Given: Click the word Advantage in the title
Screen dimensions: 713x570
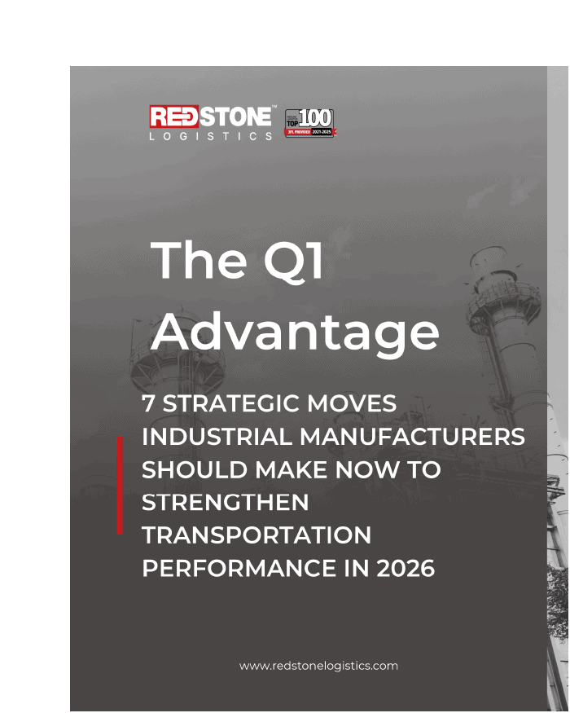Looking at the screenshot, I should [x=295, y=332].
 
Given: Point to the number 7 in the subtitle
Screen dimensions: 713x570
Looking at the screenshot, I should [x=148, y=403].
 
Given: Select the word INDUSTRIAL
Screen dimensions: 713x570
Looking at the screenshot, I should [x=217, y=437].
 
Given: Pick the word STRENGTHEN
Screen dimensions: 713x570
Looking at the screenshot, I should [x=226, y=503].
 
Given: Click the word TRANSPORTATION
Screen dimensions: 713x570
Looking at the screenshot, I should [x=256, y=535].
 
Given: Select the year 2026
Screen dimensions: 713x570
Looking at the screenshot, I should [x=406, y=569].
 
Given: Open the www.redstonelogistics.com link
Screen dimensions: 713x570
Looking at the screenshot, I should [x=318, y=666].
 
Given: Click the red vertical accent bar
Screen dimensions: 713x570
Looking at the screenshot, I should [x=120, y=485].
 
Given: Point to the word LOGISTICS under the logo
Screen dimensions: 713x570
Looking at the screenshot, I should [x=211, y=136].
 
